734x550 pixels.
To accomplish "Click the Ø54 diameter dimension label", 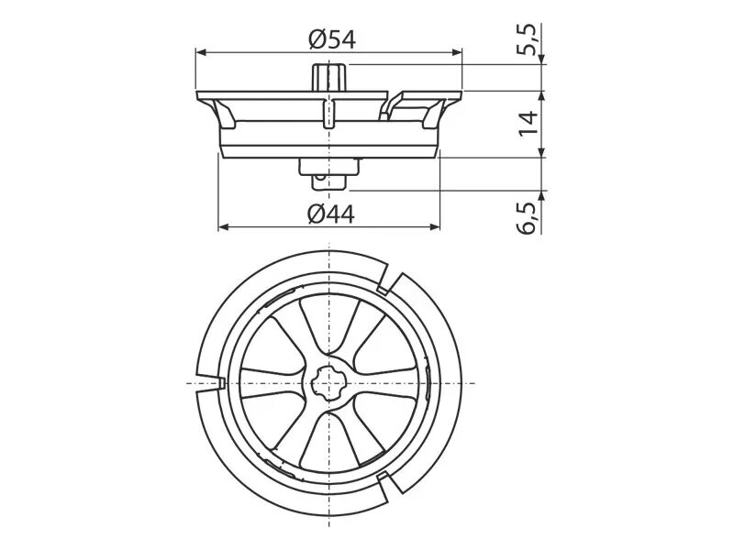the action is point(332,39).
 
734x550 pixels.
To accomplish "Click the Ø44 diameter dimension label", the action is point(331,214).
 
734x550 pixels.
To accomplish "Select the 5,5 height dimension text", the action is point(528,39).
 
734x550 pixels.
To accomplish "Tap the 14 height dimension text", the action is point(528,123).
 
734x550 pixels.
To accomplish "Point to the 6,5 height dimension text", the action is point(528,218).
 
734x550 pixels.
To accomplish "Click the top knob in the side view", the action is point(329,77).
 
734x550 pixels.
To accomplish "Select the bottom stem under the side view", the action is point(329,174).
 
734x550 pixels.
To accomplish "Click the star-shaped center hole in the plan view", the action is point(329,383).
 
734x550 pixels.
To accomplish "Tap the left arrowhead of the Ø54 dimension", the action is point(201,52).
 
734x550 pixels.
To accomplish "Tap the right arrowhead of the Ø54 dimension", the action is point(457,52).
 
